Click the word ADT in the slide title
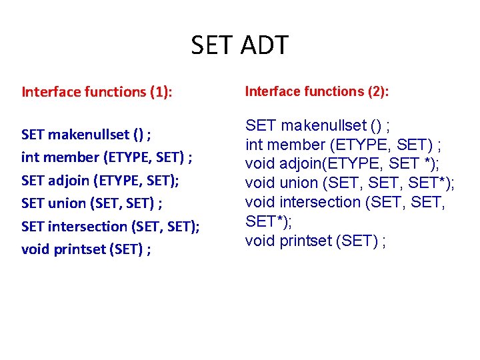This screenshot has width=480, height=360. [263, 46]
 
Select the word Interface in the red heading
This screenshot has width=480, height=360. [51, 93]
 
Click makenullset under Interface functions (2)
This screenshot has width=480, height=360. [323, 125]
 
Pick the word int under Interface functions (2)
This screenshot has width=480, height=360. [253, 145]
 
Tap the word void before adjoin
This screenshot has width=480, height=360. [258, 164]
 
